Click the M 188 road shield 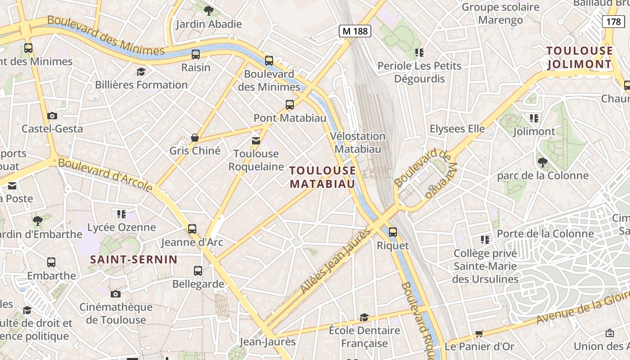[x=355, y=31]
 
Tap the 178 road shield [x=613, y=21]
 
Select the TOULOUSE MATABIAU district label [x=323, y=177]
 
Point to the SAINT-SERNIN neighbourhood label [x=134, y=259]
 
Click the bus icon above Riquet [x=393, y=232]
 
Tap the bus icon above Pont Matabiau [x=290, y=105]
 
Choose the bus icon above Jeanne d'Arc [x=192, y=229]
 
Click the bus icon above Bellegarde [x=198, y=271]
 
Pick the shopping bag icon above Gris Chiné [x=195, y=137]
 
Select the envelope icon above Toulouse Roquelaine [x=256, y=141]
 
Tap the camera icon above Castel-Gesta [x=52, y=116]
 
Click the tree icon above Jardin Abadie [x=208, y=10]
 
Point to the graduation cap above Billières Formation [x=141, y=72]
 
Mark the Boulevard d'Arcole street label [x=105, y=175]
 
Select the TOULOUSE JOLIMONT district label [x=580, y=57]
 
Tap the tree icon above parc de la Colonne [x=542, y=162]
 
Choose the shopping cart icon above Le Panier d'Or [x=479, y=334]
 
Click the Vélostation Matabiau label [x=358, y=142]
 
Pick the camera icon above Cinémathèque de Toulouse [x=116, y=294]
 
